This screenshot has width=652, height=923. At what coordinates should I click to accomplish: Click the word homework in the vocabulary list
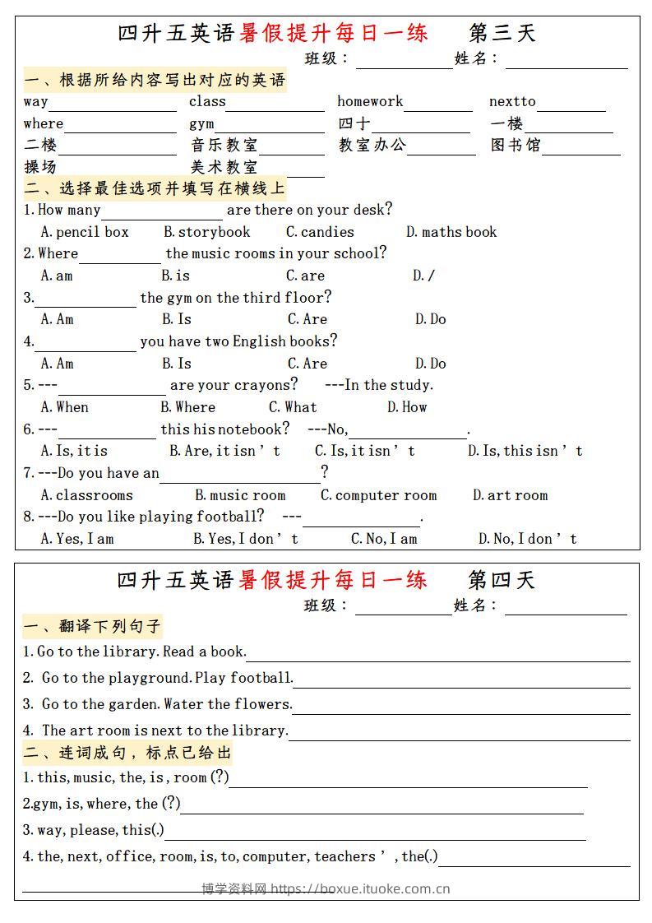370,102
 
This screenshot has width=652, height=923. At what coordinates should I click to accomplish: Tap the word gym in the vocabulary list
201,123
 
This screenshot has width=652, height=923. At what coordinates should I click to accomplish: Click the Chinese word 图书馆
516,146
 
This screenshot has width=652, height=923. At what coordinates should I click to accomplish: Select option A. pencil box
85,232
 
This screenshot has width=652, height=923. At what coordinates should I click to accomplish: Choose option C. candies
320,232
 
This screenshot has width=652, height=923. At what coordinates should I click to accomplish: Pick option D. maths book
451,232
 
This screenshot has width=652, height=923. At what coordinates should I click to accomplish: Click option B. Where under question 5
187,407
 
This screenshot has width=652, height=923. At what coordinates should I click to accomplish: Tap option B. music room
240,495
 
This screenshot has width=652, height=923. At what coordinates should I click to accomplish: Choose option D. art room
510,495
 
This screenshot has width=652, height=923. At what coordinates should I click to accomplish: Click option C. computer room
378,495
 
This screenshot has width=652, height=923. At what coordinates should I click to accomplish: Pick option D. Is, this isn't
525,451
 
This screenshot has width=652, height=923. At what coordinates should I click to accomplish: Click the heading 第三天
502,33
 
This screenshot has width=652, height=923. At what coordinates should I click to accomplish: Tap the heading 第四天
502,580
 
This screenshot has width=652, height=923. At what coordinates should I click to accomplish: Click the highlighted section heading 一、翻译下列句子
93,627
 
